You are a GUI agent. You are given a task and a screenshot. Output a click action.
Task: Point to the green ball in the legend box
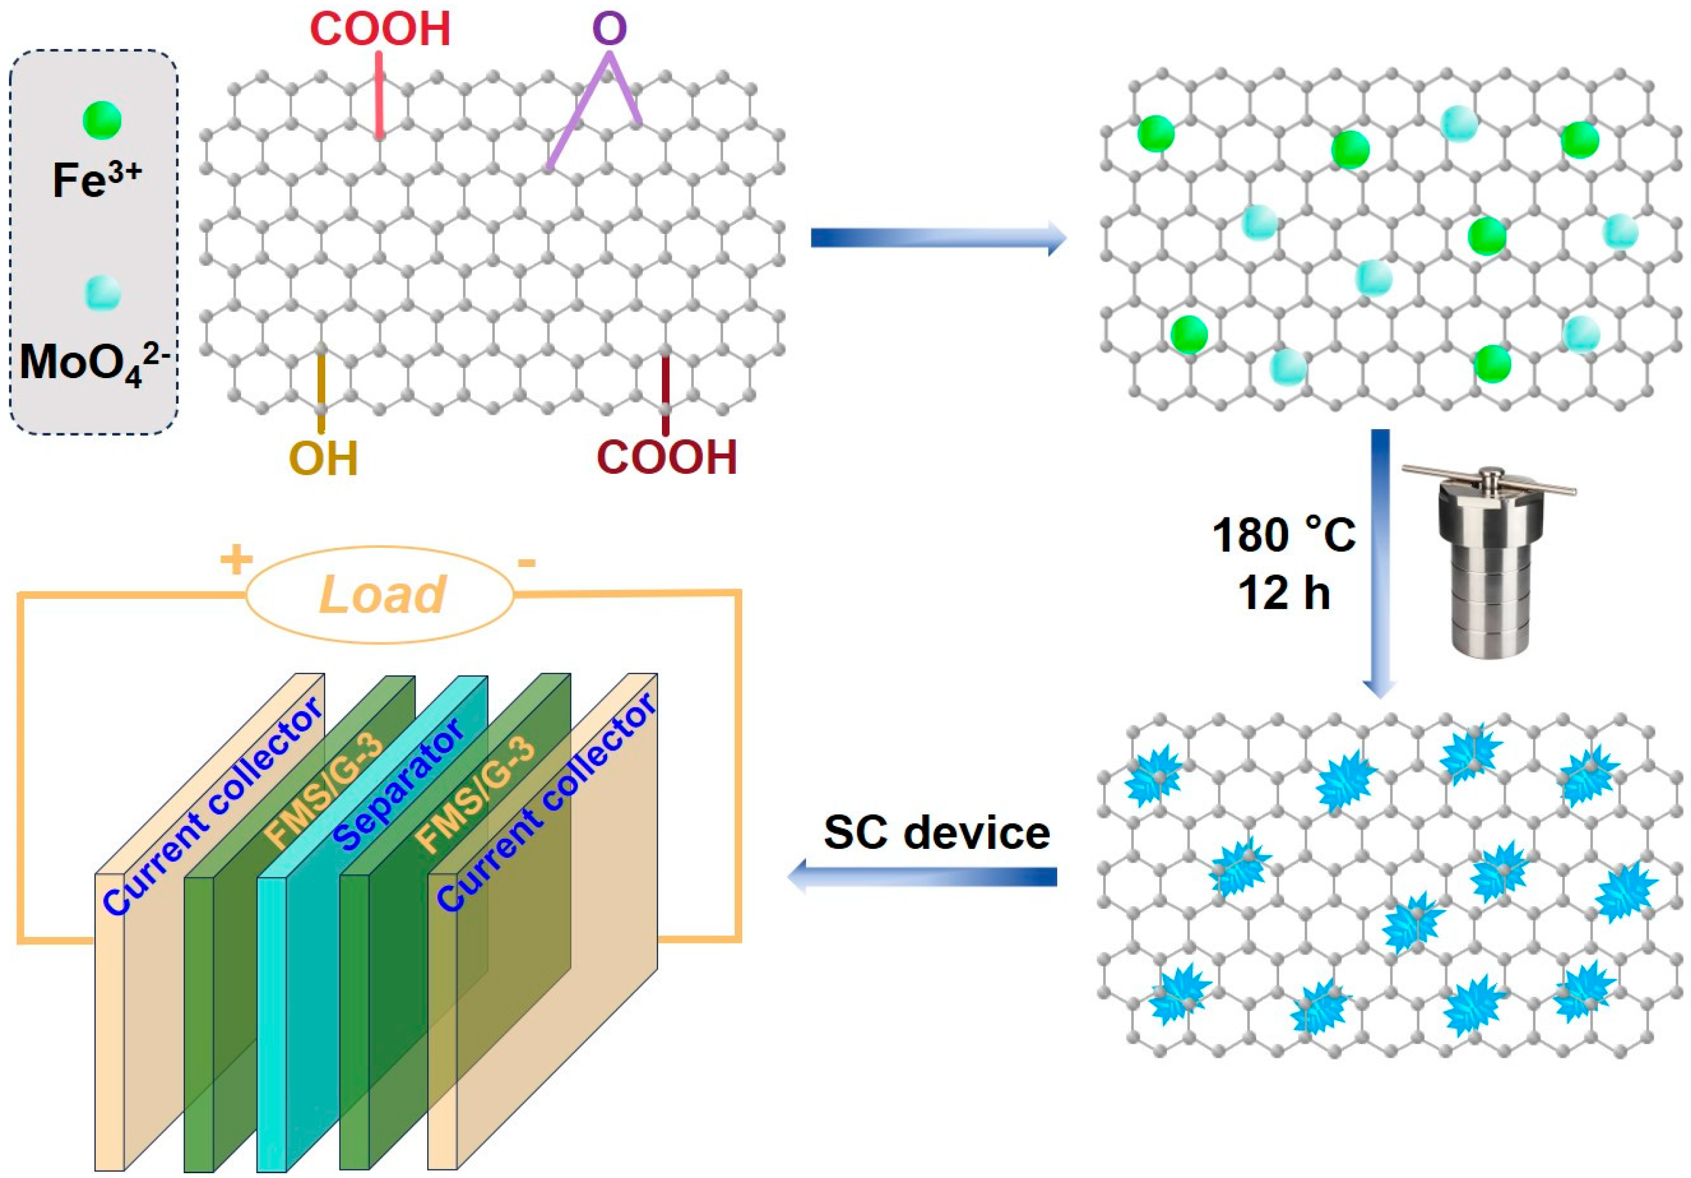point(102,121)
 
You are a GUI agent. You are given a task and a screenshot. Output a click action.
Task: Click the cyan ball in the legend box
point(102,293)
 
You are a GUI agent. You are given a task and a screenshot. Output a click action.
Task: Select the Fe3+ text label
point(96,179)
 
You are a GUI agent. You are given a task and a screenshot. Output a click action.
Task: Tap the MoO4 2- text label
point(96,362)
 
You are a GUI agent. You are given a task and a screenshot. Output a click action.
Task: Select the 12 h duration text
point(1284,592)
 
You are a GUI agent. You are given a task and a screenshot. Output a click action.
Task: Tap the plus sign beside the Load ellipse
point(236,561)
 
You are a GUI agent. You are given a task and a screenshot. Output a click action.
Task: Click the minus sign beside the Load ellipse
point(526,563)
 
